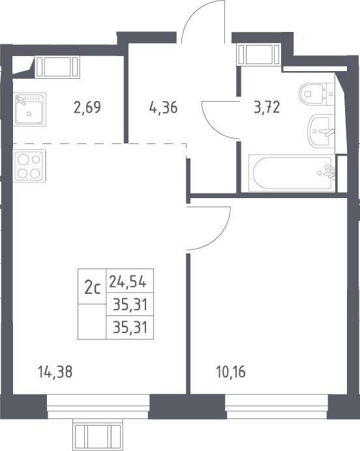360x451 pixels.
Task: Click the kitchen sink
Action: point(29,109)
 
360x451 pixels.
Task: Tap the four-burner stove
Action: point(29,166)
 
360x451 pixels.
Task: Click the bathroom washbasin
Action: point(322,132)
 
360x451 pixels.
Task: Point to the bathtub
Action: point(292,173)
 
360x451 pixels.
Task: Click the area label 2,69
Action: point(87,108)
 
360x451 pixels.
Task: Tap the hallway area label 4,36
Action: point(164,108)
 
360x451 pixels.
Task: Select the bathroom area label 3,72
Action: point(267,108)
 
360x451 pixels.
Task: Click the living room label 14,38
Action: point(55,371)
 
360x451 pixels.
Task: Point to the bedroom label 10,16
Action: point(231,371)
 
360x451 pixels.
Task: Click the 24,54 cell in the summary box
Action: point(128,282)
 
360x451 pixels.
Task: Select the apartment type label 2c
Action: point(93,288)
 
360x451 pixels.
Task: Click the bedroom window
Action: point(277,407)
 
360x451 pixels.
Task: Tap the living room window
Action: point(98,407)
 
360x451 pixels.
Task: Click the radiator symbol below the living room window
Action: point(98,435)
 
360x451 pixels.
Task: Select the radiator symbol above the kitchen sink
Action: point(57,67)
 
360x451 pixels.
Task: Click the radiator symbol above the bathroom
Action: point(259,54)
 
